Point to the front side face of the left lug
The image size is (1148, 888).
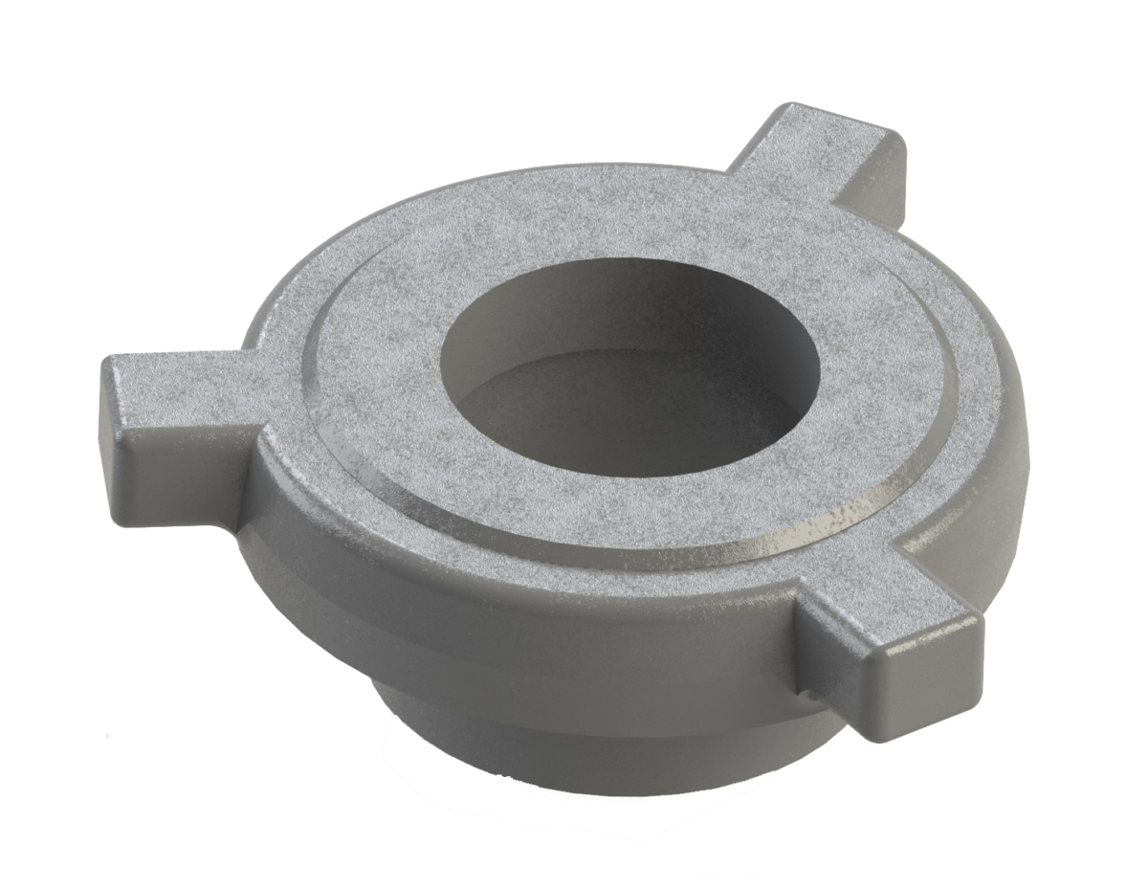pos(191,459)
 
